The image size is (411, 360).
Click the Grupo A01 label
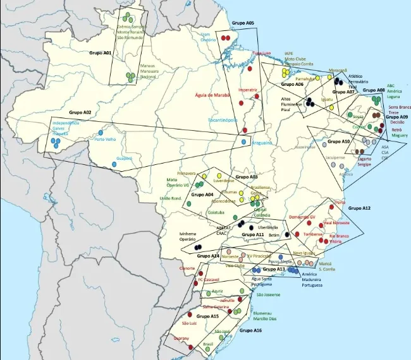[99, 54]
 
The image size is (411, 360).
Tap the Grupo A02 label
[80, 112]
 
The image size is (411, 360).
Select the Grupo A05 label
[242, 23]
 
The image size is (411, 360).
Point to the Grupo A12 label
[359, 208]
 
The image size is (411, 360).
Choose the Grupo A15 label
[207, 316]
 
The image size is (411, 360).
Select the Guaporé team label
[124, 158]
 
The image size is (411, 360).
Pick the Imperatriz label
[248, 90]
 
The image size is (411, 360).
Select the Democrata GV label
[302, 217]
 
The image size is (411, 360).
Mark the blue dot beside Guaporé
[114, 164]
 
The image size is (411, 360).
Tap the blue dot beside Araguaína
[243, 143]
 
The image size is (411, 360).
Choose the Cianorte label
[188, 268]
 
